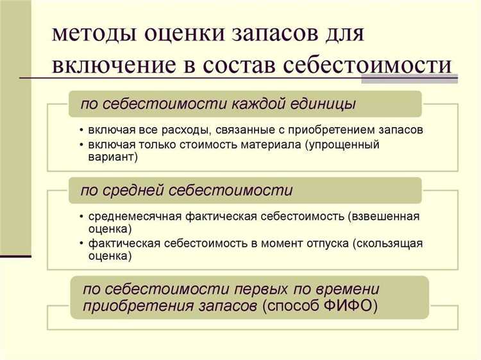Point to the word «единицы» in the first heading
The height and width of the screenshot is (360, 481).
pos(326,103)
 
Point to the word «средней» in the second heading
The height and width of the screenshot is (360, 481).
pos(134,191)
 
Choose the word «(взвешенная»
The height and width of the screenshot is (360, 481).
pos(384,216)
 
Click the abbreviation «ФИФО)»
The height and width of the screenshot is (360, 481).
pos(352,307)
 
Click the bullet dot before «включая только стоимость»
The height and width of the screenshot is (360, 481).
pos(81,144)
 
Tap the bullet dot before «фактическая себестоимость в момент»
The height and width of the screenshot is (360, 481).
pos(81,244)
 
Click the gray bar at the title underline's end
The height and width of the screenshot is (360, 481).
pos(409,79)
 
